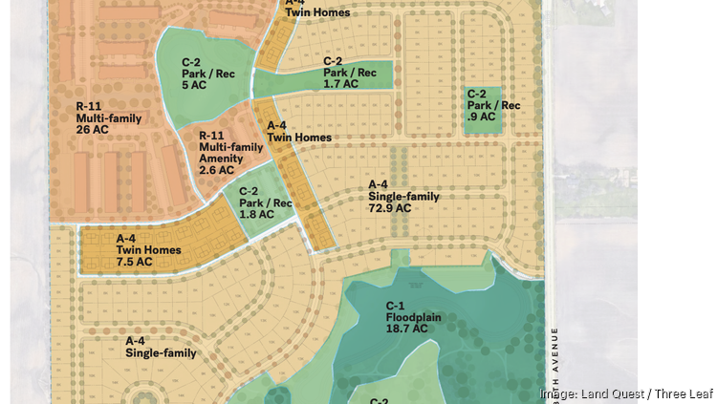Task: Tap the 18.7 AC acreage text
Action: pos(406,328)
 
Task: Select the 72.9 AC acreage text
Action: pos(390,208)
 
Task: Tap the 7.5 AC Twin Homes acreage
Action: pos(134,262)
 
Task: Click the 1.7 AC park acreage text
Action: pos(340,84)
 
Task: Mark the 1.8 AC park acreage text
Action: pos(256,214)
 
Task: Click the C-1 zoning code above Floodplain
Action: pos(397,305)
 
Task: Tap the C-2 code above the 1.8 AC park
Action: pos(250,191)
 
